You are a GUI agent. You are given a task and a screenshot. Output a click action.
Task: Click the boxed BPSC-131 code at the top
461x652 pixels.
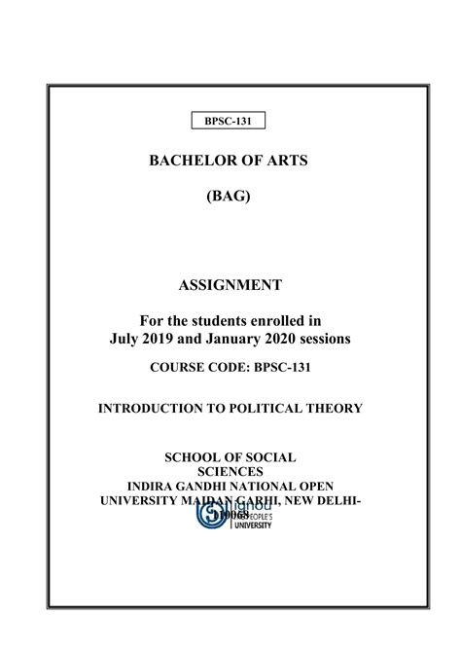click(230, 121)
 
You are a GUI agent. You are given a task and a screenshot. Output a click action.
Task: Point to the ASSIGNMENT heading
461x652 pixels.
click(230, 285)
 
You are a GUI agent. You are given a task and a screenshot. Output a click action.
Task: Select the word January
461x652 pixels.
click(236, 339)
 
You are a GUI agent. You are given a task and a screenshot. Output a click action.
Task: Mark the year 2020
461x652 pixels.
click(290, 339)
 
